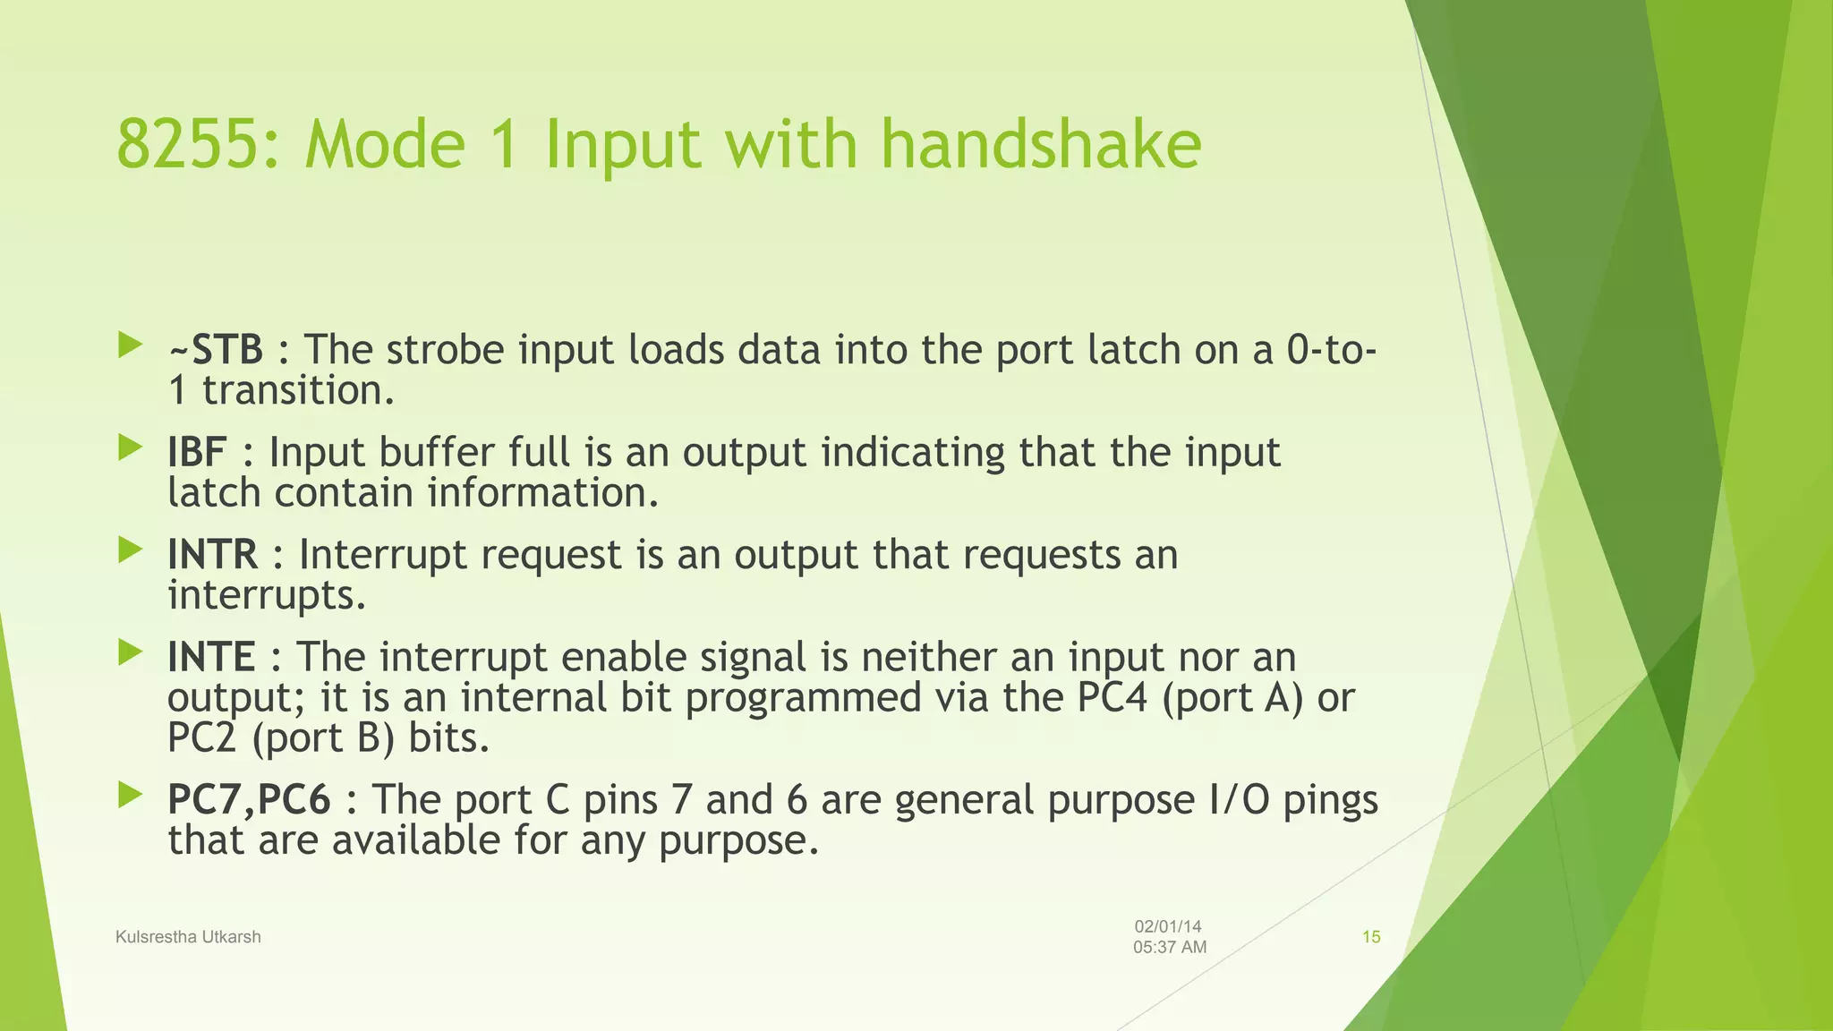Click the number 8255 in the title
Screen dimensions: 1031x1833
(x=191, y=144)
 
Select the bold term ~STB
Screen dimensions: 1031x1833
(x=215, y=350)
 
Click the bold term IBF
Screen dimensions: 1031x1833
(x=197, y=452)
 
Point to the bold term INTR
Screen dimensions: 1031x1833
(x=212, y=555)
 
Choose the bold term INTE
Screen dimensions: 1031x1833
(x=211, y=658)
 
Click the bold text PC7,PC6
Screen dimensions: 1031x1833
(x=249, y=800)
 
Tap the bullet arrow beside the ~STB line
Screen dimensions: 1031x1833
(x=131, y=345)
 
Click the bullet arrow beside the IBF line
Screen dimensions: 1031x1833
(x=131, y=447)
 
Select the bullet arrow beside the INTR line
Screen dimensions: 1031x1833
(x=131, y=550)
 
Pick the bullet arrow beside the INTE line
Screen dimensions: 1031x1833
(x=131, y=652)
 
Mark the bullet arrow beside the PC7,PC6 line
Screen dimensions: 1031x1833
(x=131, y=795)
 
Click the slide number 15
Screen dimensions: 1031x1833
(x=1371, y=937)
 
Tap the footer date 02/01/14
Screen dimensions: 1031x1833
(x=1168, y=927)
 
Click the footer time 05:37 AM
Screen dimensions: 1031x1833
(x=1170, y=948)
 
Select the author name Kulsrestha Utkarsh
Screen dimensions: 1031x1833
(x=188, y=937)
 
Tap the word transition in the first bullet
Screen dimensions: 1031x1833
(x=298, y=391)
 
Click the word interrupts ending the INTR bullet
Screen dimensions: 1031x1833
(x=267, y=596)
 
